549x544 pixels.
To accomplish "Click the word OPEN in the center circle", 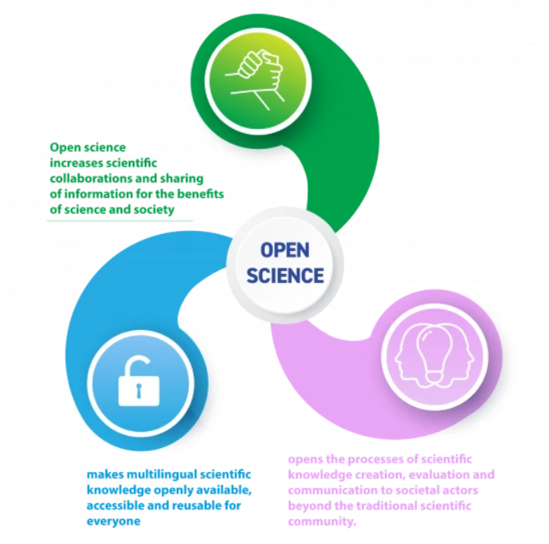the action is (285, 250).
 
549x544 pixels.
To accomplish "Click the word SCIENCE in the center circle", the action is (286, 276).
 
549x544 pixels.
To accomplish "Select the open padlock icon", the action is (138, 381).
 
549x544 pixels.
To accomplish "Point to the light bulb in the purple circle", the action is (434, 353).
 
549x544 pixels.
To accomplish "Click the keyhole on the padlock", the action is (138, 391).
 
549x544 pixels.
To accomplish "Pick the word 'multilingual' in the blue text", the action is (159, 474).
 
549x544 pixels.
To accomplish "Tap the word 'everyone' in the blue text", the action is (114, 522).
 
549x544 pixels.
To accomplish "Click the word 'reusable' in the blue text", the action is (198, 506).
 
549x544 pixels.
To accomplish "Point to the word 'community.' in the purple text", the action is (322, 522).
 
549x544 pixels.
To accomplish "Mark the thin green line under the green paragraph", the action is (120, 221).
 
